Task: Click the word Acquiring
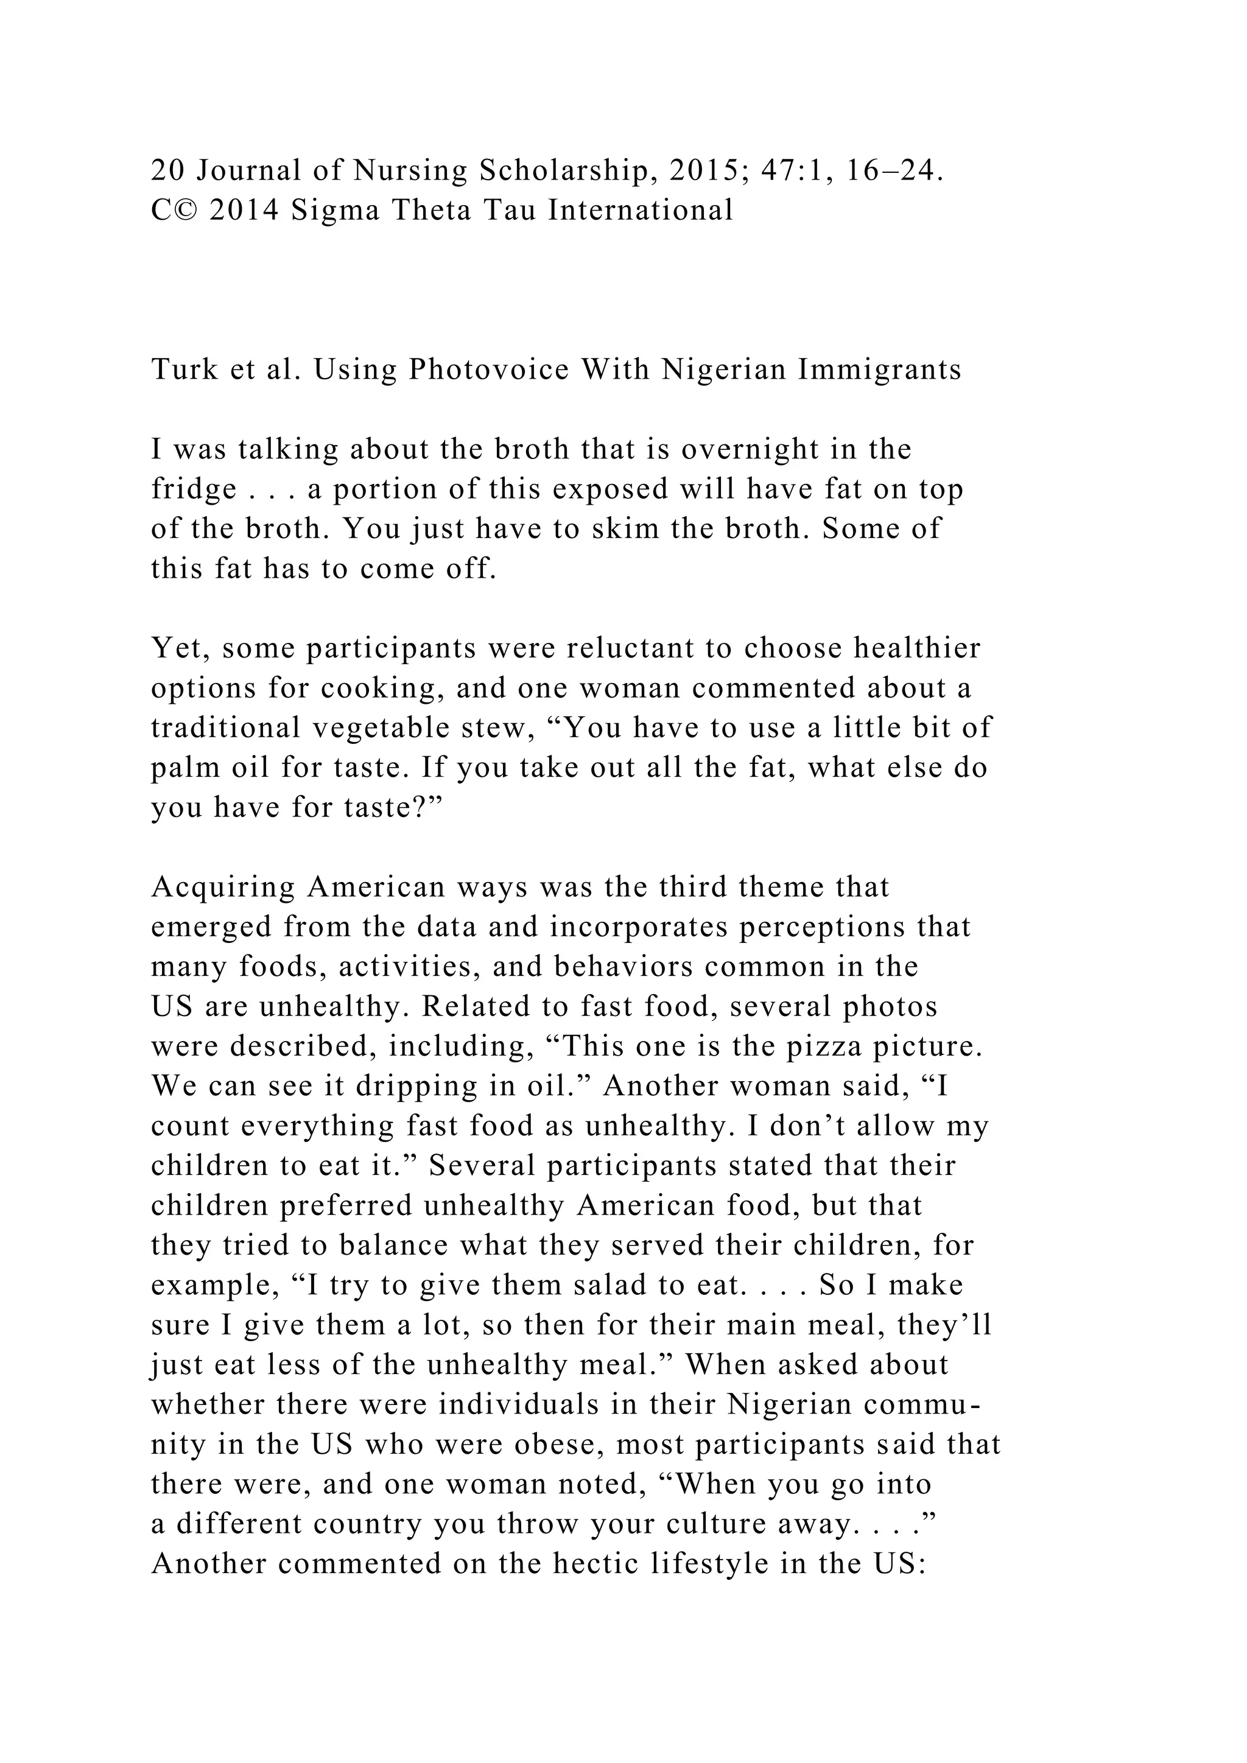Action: (222, 888)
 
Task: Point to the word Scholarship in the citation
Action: (567, 170)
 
